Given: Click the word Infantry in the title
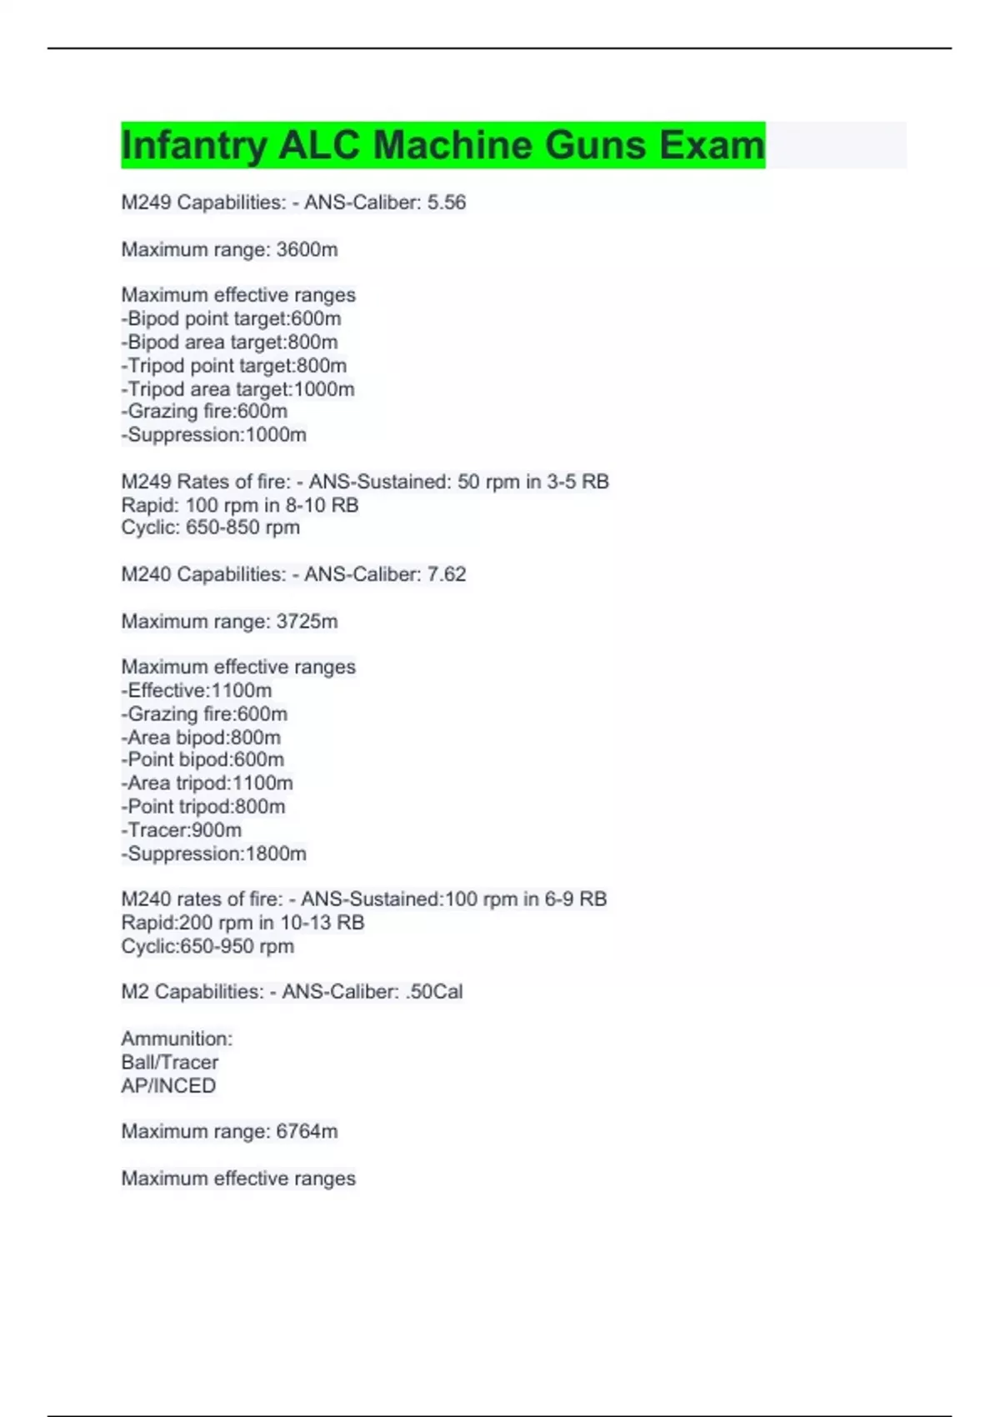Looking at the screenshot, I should pyautogui.click(x=194, y=145).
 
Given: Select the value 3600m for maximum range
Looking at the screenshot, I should pyautogui.click(x=307, y=249).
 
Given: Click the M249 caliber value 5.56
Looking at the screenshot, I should pyautogui.click(x=446, y=203).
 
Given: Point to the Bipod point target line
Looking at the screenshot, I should pyautogui.click(x=231, y=318).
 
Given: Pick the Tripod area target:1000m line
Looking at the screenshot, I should pyautogui.click(x=237, y=389).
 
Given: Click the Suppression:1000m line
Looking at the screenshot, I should pyautogui.click(x=213, y=435).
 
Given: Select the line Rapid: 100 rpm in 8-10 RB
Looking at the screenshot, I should pyautogui.click(x=239, y=505).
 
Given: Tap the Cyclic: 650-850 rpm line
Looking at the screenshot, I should pyautogui.click(x=210, y=528).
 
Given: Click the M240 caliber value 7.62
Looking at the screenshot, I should pyautogui.click(x=446, y=574).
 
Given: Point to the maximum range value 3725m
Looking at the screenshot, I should pyautogui.click(x=307, y=621).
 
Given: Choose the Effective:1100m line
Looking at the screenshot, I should pyautogui.click(x=196, y=690).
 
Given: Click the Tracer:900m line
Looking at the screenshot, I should pyautogui.click(x=181, y=830).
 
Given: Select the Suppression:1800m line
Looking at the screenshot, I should pyautogui.click(x=213, y=854).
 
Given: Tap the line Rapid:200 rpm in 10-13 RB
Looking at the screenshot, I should pyautogui.click(x=242, y=923).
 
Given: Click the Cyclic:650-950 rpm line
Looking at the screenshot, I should pyautogui.click(x=207, y=946).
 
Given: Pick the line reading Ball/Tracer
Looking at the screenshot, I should pyautogui.click(x=169, y=1062).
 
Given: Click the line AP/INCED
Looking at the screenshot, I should pyautogui.click(x=168, y=1085).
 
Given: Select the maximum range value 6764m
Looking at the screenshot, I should pyautogui.click(x=307, y=1131).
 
